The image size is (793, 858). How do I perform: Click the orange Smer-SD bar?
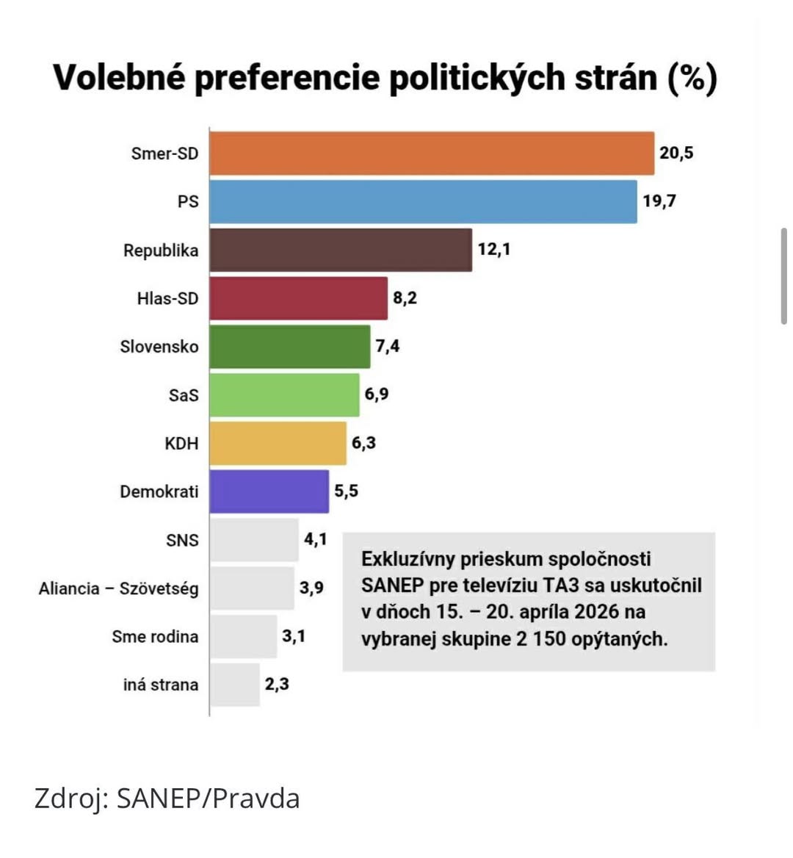(x=432, y=154)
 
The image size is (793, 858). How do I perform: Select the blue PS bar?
(x=423, y=202)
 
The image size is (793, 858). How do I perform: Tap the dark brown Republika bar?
(x=341, y=250)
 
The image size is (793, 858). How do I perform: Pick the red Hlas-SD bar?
(x=298, y=298)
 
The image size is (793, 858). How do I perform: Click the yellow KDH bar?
(x=278, y=444)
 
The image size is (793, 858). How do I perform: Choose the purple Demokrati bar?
(x=269, y=491)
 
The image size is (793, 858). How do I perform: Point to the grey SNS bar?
(x=254, y=540)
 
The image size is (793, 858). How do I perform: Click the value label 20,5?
(x=676, y=153)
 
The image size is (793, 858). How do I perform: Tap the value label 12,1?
(x=494, y=249)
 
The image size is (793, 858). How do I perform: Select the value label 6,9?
(x=377, y=394)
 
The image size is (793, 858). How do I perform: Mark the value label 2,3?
(x=277, y=685)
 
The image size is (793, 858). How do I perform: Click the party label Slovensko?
(x=159, y=347)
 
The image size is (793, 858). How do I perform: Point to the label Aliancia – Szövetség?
(x=119, y=588)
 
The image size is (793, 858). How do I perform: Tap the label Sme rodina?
(x=155, y=637)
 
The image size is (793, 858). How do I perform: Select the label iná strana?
(x=161, y=685)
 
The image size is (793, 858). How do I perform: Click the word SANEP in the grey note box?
(x=392, y=585)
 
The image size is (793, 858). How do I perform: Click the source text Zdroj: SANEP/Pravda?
(x=167, y=798)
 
